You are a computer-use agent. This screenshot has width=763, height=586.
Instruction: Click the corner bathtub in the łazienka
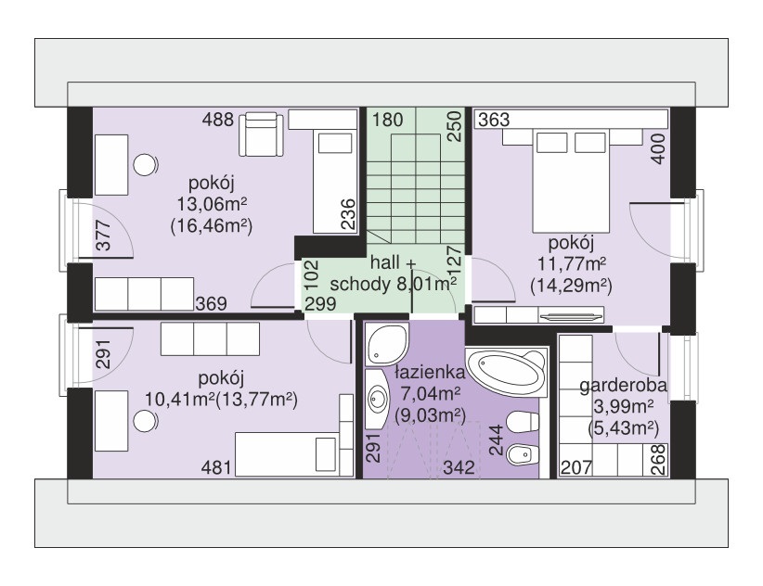tap(507, 372)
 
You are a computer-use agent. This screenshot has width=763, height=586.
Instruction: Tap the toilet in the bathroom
tap(523, 421)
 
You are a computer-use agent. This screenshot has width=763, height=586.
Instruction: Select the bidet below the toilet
tap(523, 455)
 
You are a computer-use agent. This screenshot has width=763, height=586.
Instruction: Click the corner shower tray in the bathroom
tap(386, 345)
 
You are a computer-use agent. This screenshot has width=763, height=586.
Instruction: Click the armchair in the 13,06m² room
tap(261, 134)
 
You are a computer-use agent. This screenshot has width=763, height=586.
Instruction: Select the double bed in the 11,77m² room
tap(572, 181)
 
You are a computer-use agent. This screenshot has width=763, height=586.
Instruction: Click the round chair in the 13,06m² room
tap(145, 165)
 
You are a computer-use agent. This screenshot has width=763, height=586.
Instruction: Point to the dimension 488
tap(218, 120)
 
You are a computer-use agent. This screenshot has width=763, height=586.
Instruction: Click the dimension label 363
tap(494, 120)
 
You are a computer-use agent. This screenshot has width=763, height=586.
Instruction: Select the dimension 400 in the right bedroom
tap(658, 148)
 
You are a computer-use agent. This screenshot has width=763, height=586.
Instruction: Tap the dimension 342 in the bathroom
tap(459, 467)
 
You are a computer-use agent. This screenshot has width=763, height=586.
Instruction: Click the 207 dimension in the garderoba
tap(576, 468)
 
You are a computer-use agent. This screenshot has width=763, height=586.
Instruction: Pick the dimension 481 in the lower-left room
tap(216, 468)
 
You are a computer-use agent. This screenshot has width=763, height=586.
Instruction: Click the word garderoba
tap(623, 386)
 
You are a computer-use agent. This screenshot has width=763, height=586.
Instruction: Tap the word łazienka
tap(430, 373)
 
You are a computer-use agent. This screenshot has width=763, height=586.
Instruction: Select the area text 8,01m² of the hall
tap(427, 285)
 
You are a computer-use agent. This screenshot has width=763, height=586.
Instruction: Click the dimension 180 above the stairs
tap(388, 120)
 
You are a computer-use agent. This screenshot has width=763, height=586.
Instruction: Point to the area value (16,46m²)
tap(212, 226)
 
